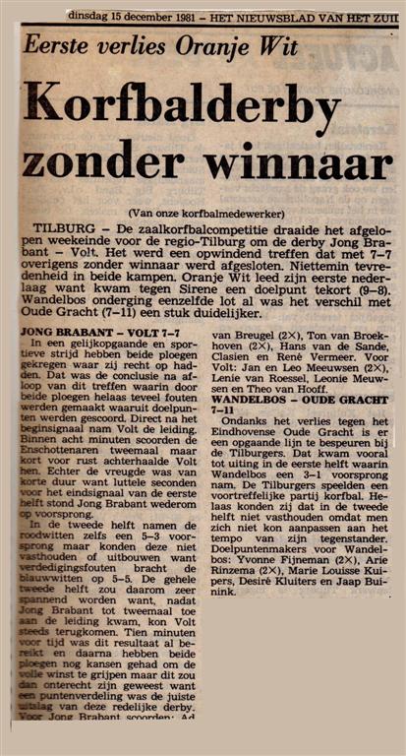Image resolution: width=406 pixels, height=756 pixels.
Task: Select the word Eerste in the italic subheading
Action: (x=67, y=44)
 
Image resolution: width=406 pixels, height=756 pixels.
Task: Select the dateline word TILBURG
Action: (x=58, y=227)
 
